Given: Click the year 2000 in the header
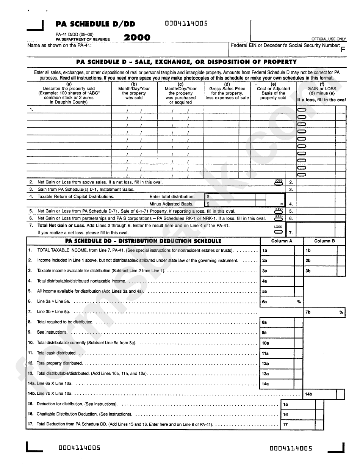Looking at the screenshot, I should point(137,37).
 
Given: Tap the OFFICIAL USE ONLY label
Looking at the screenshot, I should point(329,39).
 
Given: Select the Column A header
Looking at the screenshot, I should point(282,241).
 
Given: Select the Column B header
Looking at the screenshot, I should point(324,241).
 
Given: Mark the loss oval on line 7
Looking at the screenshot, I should point(279,232).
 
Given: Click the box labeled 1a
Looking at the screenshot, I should point(277,251).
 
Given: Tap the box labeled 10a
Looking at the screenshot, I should point(277,343).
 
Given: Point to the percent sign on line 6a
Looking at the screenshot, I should point(299,302).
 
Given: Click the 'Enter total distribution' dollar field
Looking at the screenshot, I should point(230,197).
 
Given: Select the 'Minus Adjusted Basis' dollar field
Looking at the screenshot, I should point(230,204).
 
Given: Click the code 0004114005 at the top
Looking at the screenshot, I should point(186,24).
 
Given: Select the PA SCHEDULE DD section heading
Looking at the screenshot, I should point(143,241).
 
